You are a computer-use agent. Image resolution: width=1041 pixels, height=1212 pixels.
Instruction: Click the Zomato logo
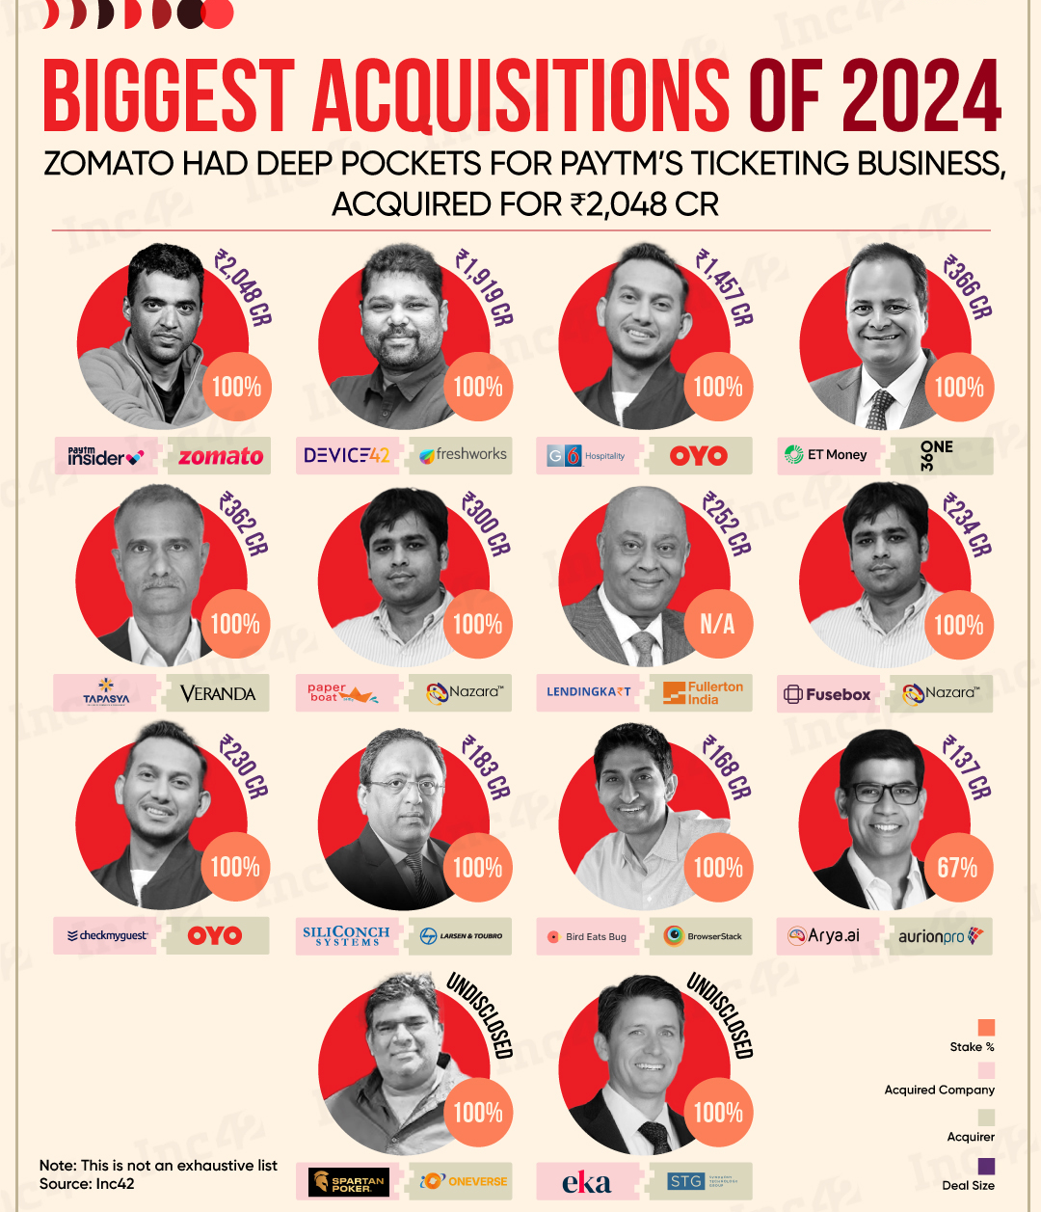coord(221,456)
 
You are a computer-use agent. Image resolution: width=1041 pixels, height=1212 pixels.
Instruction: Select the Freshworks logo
coord(464,454)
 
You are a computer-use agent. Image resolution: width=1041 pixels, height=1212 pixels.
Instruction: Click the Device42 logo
coord(347,455)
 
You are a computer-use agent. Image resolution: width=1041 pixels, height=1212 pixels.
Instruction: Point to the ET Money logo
coord(826,454)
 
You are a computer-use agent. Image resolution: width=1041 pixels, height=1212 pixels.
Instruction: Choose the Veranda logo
coord(219,693)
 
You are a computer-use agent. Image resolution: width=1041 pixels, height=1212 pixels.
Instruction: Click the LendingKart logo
coord(588,692)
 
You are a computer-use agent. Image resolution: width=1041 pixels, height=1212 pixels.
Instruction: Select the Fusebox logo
coord(827,694)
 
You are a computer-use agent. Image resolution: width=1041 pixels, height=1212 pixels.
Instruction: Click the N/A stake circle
coord(717,625)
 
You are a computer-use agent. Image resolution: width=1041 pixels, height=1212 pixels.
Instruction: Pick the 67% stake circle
coord(957,868)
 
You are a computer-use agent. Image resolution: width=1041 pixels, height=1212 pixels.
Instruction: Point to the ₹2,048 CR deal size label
coord(243,287)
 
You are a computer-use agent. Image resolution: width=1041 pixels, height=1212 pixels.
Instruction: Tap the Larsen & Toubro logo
coord(462,935)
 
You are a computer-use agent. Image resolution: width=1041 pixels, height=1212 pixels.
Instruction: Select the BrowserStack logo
coord(703,935)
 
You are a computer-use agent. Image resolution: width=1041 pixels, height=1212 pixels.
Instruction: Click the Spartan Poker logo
coord(348,1182)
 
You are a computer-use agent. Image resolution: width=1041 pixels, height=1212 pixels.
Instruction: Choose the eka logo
coord(587,1182)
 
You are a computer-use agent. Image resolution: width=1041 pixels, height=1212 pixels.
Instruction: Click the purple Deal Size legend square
coord(986,1166)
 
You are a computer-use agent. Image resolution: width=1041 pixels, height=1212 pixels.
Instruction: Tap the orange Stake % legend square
coord(986,1027)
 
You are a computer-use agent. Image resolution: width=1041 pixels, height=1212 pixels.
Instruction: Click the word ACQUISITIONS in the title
coord(520,96)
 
